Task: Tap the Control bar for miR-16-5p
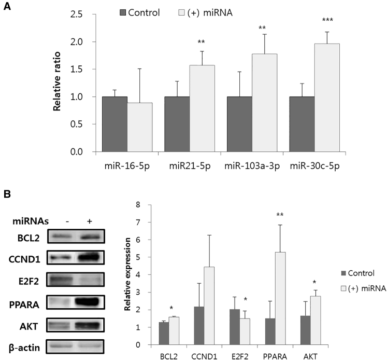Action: coord(114,124)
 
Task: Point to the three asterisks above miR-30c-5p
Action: coord(327,20)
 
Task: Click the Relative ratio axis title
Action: coord(59,83)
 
